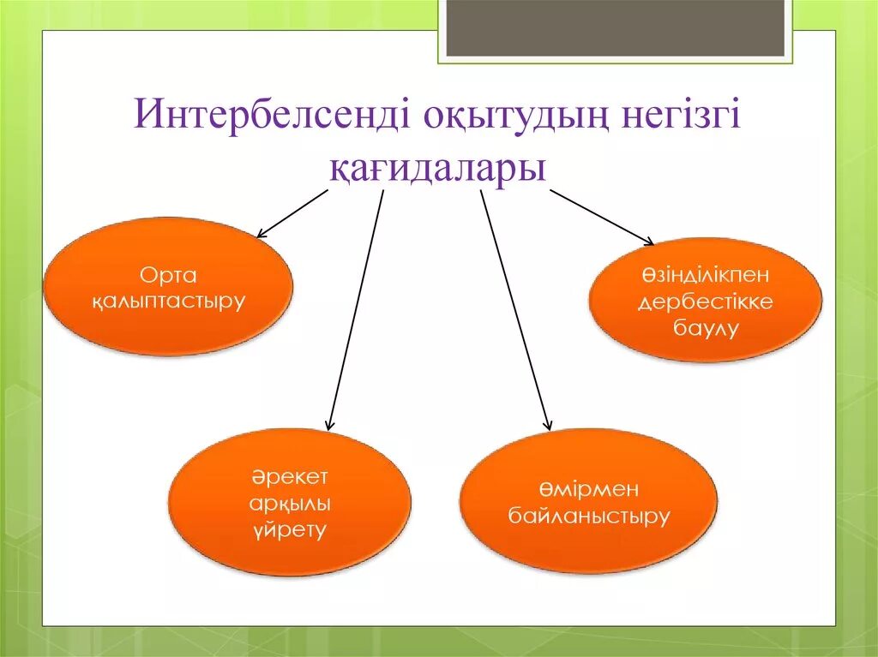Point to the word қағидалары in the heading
click(x=438, y=166)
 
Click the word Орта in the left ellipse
click(x=168, y=275)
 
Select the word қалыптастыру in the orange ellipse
click(x=168, y=302)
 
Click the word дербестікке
click(x=705, y=302)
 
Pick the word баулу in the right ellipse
click(x=705, y=328)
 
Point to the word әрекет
click(x=290, y=476)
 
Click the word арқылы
click(x=290, y=503)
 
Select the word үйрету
click(x=290, y=529)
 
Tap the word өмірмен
click(x=589, y=489)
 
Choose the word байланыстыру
click(x=589, y=517)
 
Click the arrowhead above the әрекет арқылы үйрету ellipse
click(x=330, y=423)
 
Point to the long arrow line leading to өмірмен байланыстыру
click(x=514, y=308)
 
